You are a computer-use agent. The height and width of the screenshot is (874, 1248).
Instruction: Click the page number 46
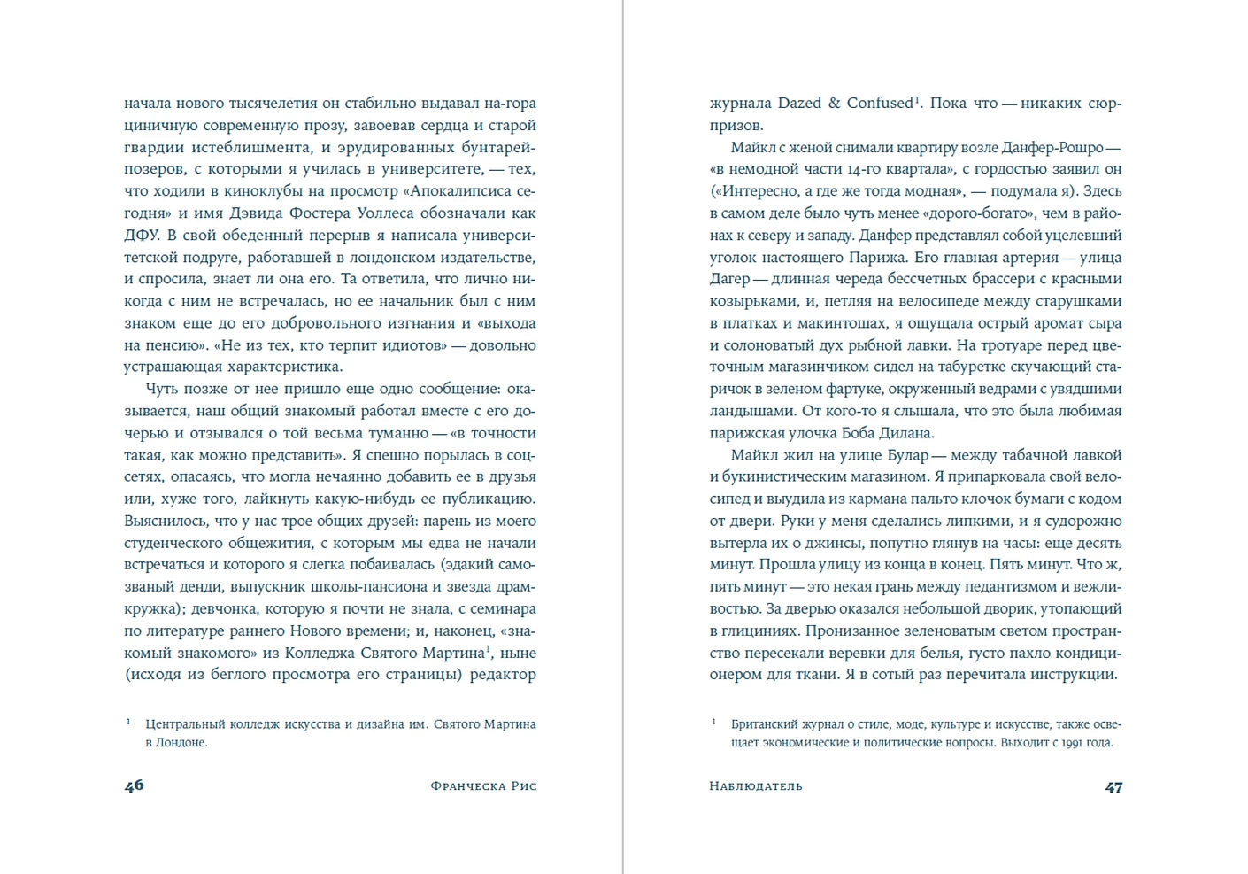tap(135, 785)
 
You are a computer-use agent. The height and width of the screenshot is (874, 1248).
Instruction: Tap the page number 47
tap(1113, 786)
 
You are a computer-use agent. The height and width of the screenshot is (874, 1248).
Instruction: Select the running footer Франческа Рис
tap(483, 786)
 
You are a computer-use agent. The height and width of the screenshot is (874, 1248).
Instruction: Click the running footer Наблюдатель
tap(756, 786)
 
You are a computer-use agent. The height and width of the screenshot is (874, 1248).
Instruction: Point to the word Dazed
tap(799, 104)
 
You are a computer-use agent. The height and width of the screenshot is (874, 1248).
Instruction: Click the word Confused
tap(879, 104)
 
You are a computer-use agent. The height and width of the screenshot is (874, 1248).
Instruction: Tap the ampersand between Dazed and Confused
tap(834, 104)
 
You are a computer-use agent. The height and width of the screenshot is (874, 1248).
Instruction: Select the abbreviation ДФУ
tap(141, 236)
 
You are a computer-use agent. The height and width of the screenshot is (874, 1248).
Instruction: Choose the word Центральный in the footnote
tap(184, 724)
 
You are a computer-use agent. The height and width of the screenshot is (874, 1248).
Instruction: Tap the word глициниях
tap(759, 630)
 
